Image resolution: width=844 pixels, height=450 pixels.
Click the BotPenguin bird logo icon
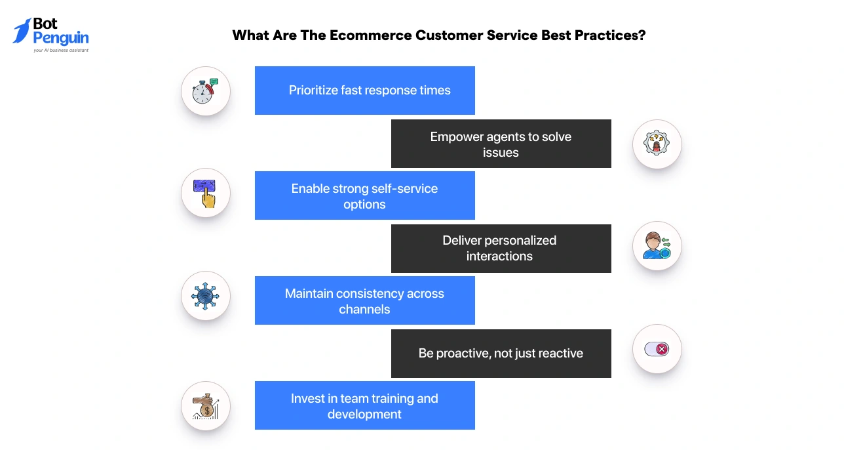click(x=22, y=31)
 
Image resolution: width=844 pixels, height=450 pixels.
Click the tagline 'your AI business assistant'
click(x=61, y=50)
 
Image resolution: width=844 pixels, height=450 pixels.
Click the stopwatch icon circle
click(x=206, y=91)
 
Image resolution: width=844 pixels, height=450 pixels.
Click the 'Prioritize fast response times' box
click(x=364, y=91)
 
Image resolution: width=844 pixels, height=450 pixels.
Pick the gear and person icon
click(x=657, y=144)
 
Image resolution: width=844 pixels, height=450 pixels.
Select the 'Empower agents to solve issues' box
click(x=501, y=144)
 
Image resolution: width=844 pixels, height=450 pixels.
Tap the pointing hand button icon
click(x=206, y=194)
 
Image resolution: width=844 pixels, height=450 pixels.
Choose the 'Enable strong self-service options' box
click(x=364, y=195)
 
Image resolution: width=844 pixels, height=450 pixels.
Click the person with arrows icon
click(x=657, y=246)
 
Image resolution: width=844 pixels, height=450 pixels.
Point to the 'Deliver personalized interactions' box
click(x=501, y=249)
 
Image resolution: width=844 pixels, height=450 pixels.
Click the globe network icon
click(x=206, y=296)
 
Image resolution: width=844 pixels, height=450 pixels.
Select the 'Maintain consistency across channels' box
click(x=364, y=300)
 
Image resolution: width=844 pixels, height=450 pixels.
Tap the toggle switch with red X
click(x=657, y=349)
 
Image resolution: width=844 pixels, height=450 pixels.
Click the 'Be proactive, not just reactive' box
click(x=501, y=354)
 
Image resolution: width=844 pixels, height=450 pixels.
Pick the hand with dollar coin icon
click(x=206, y=406)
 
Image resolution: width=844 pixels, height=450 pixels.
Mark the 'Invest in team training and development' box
click(x=364, y=405)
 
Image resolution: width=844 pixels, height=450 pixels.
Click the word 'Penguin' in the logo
click(x=61, y=37)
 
